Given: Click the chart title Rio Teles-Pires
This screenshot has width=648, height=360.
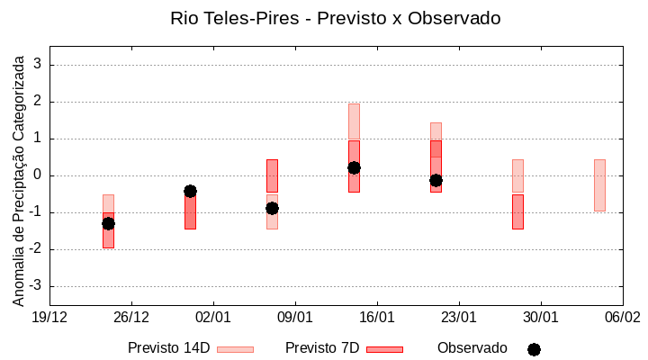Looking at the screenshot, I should [x=335, y=18].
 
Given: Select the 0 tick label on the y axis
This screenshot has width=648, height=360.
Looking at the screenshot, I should [x=38, y=175].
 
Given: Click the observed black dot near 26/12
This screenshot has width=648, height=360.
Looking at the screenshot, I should [x=108, y=223].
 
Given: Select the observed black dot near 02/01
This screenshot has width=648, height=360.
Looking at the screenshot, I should [x=190, y=191].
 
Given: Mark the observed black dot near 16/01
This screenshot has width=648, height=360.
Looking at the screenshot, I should [x=354, y=167].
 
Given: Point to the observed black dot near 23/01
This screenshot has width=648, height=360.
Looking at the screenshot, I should [x=436, y=180].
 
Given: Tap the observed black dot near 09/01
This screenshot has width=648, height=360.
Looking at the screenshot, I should [x=272, y=208].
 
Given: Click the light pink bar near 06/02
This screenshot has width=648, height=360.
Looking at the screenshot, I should [x=599, y=185].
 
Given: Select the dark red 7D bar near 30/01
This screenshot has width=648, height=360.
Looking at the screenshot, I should [x=517, y=211].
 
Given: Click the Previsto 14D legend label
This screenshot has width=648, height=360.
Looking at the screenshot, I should [x=168, y=348].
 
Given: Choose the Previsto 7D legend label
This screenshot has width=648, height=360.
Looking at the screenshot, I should [x=322, y=348].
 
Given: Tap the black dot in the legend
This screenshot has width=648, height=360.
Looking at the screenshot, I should [x=534, y=349].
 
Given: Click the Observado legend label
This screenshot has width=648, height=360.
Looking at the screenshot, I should [x=472, y=348].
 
